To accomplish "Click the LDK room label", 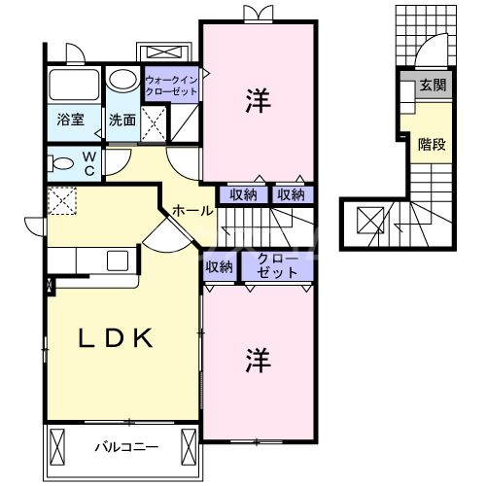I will point(115,339).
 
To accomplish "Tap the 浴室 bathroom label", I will point(69,121).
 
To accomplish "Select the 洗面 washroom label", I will point(122,121).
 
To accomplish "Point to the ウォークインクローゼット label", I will point(171,86).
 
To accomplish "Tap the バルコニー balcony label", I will point(126,448).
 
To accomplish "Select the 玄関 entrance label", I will point(433,86).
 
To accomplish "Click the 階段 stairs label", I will point(433,145).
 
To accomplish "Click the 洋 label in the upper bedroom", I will point(258,98).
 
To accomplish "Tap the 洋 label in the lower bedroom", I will point(258,358).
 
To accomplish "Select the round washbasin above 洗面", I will point(122,79).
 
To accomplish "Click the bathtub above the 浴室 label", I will point(73,86).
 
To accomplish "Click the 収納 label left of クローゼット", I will point(220,266).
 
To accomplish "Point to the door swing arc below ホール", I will point(160,233).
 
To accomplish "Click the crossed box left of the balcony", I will point(55,448).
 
